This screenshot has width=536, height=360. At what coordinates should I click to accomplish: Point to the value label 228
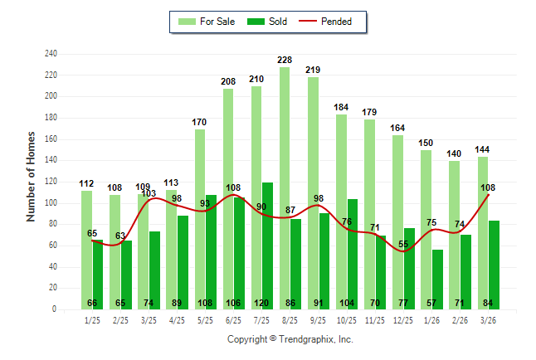pos(285,60)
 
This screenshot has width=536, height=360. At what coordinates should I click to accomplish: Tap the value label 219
pos(313,70)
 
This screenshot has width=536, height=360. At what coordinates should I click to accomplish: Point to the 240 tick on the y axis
pos(51,54)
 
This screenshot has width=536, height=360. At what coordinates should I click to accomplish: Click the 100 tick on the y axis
pos(51,203)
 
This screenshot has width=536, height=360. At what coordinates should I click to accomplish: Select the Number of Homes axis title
pos(32,176)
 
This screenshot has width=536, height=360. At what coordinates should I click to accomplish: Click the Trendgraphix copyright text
pos(290,339)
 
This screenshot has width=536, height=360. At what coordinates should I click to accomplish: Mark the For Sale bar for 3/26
pos(483,232)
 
